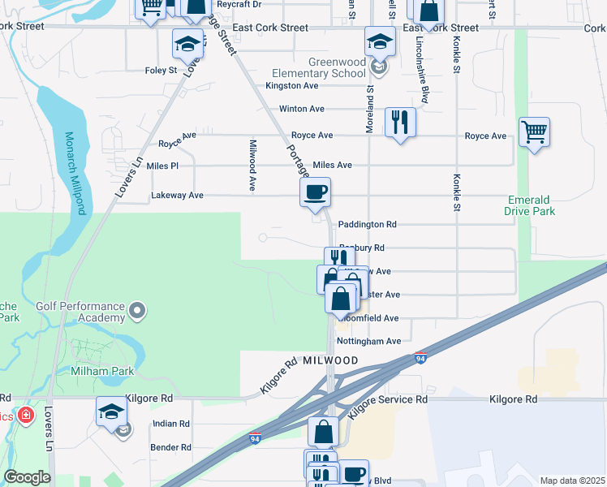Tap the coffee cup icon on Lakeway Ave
pos(315,192)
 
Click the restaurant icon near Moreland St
pos(400,122)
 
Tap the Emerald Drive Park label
pos(531,205)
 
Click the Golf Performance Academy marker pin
pos(138,310)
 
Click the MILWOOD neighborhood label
pos(331,360)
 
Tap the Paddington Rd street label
pos(367,224)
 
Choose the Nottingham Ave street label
pos(369,342)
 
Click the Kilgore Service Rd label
pos(387,400)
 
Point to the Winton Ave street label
pos(301,109)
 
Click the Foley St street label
pos(161,71)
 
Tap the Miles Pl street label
pos(162,166)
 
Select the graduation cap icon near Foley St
pos(187,44)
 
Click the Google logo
pos(27,477)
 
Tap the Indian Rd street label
pos(170,424)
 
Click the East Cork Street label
pos(270,28)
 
